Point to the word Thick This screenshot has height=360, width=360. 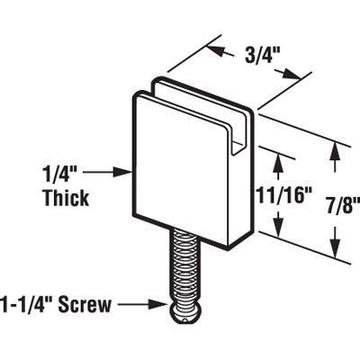pos(66,198)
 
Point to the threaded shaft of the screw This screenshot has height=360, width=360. pos(184,270)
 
